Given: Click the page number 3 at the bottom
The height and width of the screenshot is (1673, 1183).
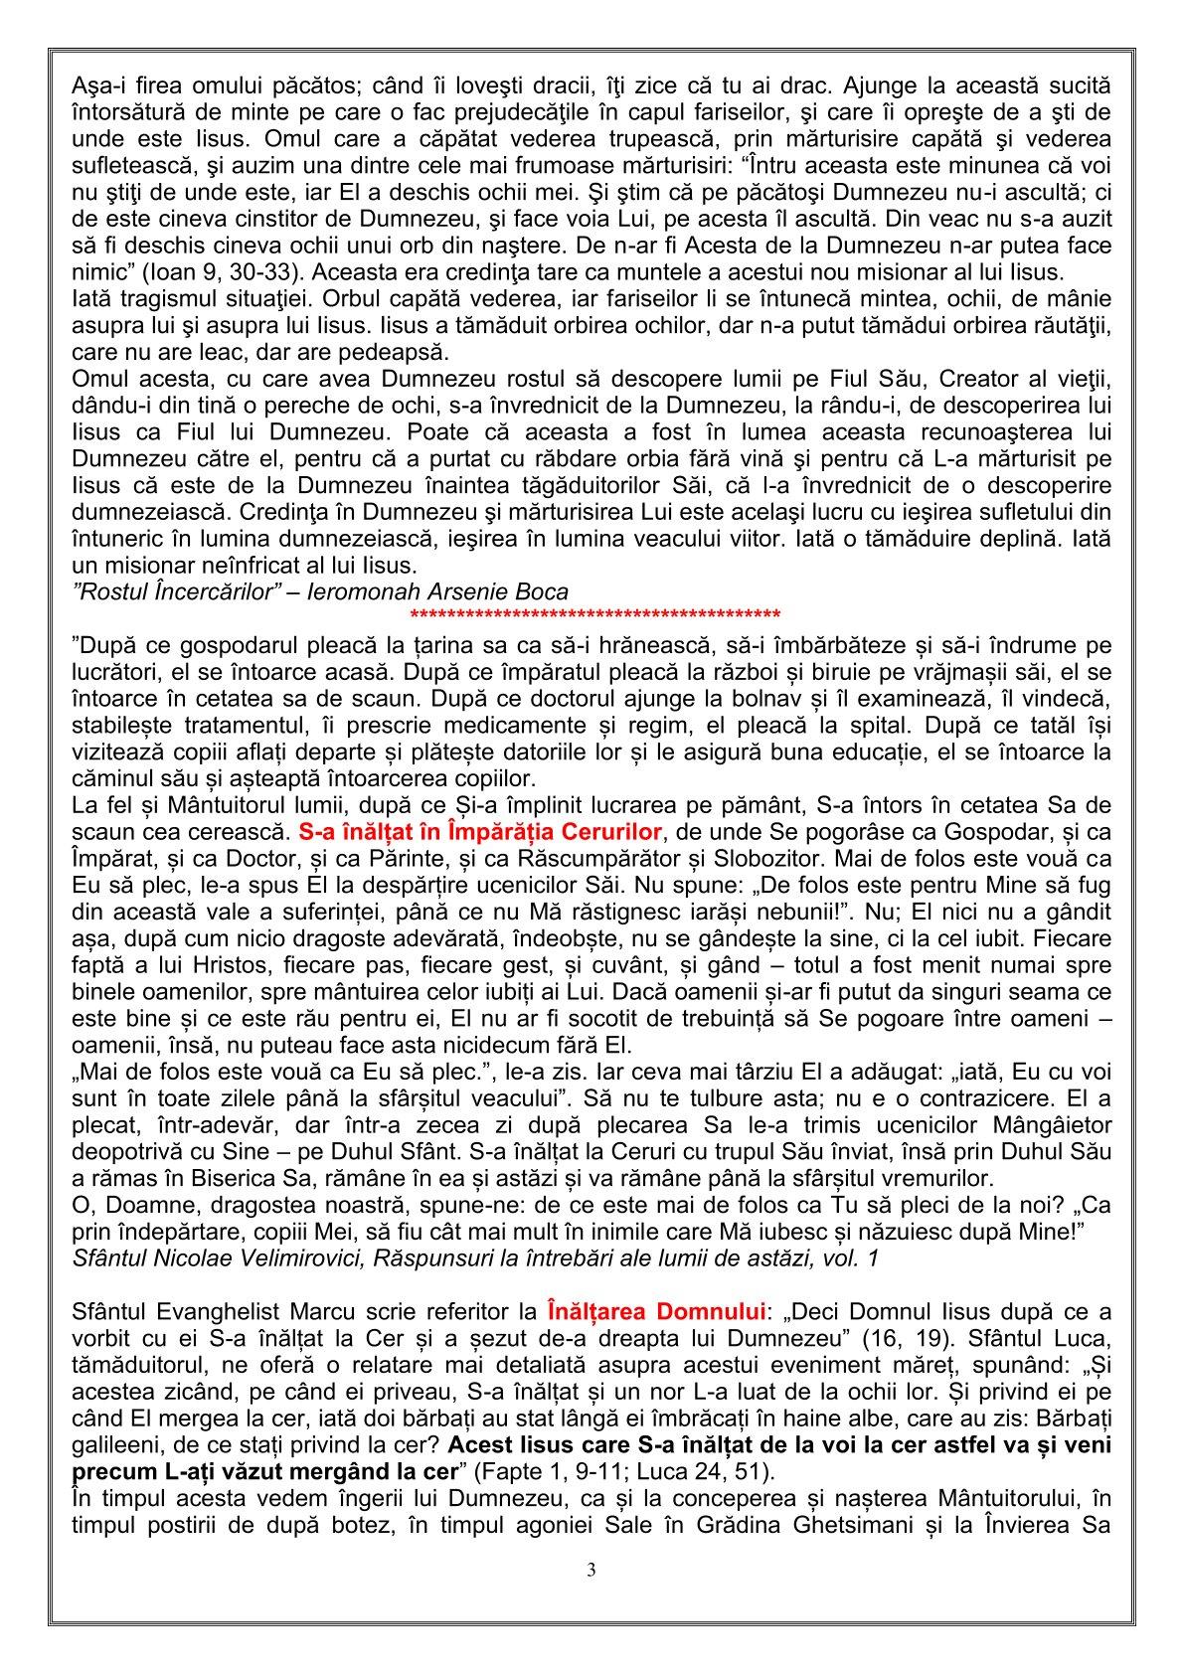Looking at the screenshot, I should [x=591, y=1571].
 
